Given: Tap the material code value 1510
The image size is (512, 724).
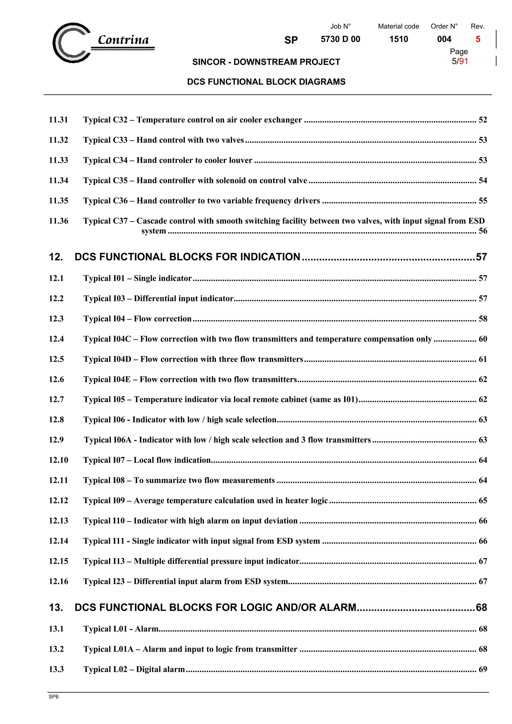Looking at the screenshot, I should (398, 39).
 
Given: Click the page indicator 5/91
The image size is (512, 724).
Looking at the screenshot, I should (460, 61).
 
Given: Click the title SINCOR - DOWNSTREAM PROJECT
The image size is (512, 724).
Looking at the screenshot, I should (266, 62).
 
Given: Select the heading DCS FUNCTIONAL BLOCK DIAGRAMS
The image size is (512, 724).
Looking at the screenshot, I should (266, 82).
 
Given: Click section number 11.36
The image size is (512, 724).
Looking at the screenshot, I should (58, 221).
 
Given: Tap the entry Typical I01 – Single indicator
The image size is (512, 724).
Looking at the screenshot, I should (137, 278).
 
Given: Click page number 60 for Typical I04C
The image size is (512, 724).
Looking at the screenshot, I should (483, 339).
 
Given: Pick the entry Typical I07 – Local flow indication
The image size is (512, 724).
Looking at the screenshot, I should (147, 460).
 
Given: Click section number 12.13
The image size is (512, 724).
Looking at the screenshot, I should (58, 521).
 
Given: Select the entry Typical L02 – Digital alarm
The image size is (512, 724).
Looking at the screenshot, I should (134, 669).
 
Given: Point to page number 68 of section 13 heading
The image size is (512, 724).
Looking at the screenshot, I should (481, 607).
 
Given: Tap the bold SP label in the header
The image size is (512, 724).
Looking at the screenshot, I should (291, 40).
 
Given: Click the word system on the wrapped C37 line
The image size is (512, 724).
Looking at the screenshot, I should (154, 231).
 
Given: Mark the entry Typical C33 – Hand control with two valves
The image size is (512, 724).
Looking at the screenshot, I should (163, 140).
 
